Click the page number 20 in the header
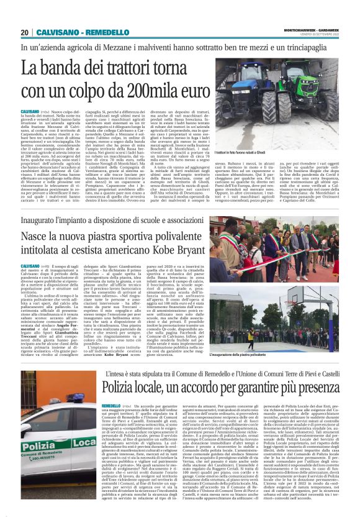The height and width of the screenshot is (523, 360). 25,32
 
